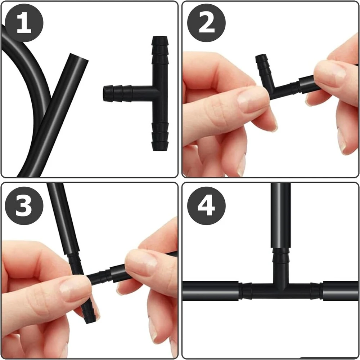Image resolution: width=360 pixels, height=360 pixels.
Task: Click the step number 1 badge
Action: pyautogui.click(x=24, y=23)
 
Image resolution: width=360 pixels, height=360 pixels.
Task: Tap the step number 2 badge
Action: pyautogui.click(x=206, y=23)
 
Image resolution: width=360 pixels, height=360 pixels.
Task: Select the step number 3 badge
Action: pyautogui.click(x=24, y=205)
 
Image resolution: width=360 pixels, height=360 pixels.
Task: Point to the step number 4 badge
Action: pyautogui.click(x=206, y=205)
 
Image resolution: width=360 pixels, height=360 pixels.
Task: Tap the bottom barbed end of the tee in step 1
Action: pyautogui.click(x=160, y=137)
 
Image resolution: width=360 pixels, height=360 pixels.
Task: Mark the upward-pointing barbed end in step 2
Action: pyautogui.click(x=262, y=66)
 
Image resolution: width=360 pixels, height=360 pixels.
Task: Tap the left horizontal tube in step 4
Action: pyautogui.click(x=211, y=290)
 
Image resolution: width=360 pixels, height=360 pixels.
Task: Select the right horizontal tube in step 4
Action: pyautogui.click(x=340, y=290)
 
